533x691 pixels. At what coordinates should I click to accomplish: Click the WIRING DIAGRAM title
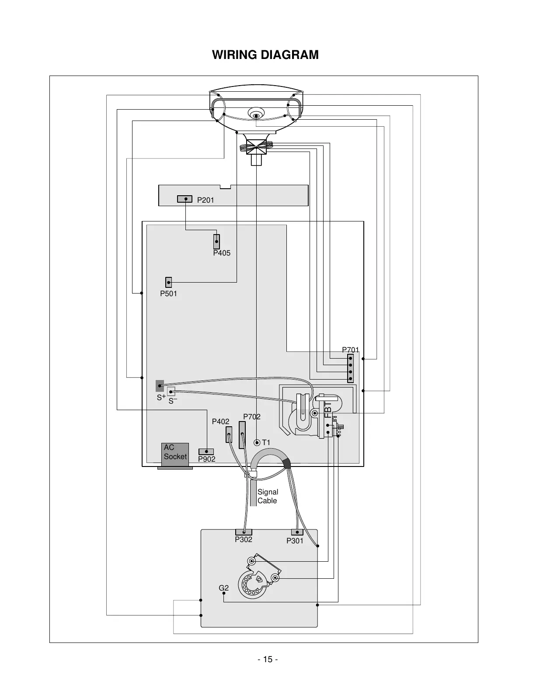(265, 55)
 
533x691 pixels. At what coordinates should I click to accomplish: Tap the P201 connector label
(206, 200)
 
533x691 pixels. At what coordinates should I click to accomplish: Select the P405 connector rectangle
(216, 242)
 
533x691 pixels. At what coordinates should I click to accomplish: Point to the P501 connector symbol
(169, 282)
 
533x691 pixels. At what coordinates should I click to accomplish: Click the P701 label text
(350, 350)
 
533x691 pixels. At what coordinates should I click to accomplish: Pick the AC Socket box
(175, 455)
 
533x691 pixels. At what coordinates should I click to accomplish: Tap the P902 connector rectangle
(206, 452)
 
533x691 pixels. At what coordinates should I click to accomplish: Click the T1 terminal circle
(257, 442)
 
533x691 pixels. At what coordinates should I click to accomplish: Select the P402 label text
(220, 422)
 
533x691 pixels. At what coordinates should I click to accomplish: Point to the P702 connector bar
(242, 435)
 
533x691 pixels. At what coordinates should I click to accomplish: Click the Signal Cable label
(268, 496)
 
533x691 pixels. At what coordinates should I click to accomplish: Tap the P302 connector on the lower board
(244, 532)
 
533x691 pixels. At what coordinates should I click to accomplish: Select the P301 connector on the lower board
(297, 532)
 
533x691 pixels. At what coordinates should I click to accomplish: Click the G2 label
(224, 588)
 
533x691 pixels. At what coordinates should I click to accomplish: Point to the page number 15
(268, 660)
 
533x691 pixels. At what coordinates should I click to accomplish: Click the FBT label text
(328, 409)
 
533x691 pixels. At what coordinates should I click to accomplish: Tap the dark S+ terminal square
(160, 386)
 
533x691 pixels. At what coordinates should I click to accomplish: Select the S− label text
(173, 401)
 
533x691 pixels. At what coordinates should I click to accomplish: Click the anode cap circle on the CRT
(256, 115)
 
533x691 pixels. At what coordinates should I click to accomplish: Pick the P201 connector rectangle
(185, 199)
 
